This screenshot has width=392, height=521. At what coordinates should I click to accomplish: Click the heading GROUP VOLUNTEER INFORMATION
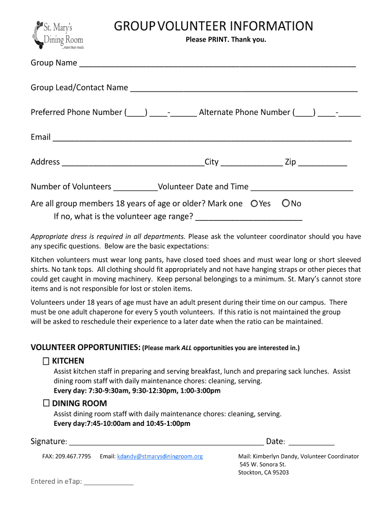click(x=213, y=26)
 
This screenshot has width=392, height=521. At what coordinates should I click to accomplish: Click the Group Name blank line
click(x=217, y=64)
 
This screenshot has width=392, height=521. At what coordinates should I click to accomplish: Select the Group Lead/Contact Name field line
click(x=244, y=89)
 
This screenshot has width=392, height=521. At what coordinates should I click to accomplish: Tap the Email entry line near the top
click(x=202, y=138)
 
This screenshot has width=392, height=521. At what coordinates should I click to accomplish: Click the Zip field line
click(x=323, y=163)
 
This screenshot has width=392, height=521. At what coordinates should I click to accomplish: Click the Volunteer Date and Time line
click(x=302, y=188)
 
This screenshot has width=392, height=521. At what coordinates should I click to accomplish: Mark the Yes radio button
click(x=255, y=204)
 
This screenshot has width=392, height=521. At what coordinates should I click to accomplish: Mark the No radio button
click(x=286, y=204)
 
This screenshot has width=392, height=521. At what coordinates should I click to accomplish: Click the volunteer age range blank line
click(x=249, y=218)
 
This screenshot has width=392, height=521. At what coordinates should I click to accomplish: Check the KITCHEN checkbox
click(x=46, y=361)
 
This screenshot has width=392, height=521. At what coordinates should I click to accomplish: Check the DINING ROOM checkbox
click(x=46, y=403)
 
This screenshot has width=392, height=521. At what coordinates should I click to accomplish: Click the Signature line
click(x=166, y=443)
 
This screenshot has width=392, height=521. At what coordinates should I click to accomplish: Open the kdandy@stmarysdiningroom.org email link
click(x=160, y=456)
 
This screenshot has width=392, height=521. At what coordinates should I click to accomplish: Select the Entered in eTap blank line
click(x=108, y=483)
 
